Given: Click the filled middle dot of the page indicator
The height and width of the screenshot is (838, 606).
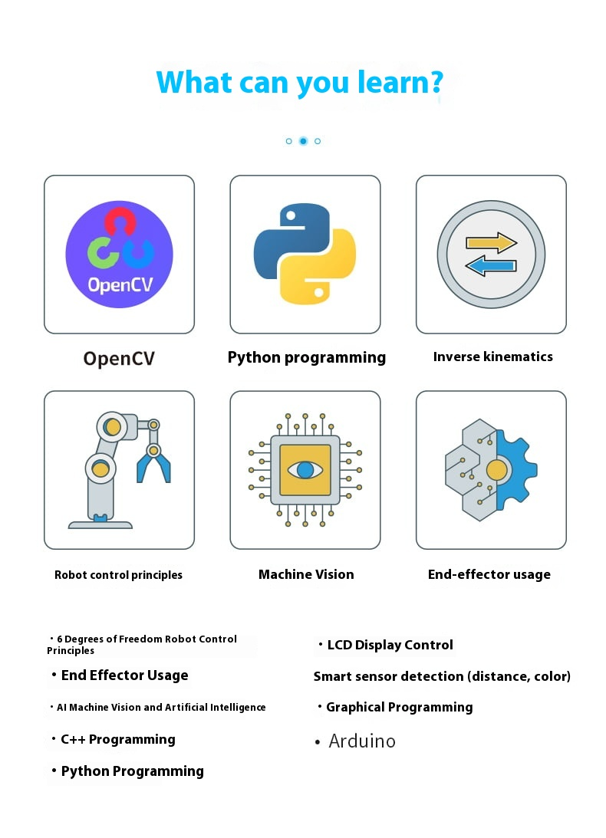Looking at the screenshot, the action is coord(303,141).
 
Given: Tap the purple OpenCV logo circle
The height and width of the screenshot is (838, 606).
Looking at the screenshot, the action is coord(119,255).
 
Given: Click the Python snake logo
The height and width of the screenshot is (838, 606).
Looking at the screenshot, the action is coord(305,254).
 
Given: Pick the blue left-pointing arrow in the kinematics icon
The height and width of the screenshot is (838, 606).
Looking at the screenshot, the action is coord(490,265).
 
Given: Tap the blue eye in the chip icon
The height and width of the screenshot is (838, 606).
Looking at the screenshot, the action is coord(305,470).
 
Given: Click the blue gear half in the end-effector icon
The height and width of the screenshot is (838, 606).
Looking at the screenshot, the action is coord(516,470).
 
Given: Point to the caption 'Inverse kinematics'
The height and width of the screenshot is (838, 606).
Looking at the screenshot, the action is coord(492,357).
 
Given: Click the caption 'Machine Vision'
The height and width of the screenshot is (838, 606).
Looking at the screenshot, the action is coord(306,574).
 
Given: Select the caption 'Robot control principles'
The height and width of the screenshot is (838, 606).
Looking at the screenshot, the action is coord(118,575).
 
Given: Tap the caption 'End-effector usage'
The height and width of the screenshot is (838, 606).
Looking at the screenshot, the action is coord(489,574).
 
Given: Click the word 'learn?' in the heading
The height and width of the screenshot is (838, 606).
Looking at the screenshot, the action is coord(400,83).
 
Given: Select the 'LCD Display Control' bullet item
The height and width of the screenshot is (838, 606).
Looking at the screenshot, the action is coord(386,645).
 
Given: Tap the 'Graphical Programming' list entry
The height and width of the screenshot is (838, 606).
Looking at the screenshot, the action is coord(395,708).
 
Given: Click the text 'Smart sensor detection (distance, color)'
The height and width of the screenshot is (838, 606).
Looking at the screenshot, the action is coord(442,676).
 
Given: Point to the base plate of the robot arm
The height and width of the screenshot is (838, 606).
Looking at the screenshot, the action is coord(100,525).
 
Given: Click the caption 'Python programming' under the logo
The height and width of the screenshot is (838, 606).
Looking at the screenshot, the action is coord(307,358).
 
